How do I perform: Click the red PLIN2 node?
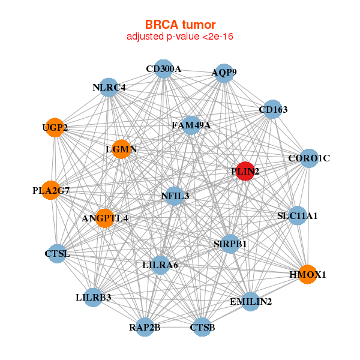(245, 171)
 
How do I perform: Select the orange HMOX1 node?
(307, 274)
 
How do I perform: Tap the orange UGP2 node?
(55, 128)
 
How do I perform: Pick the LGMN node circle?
(122, 149)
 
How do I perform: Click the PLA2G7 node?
(51, 190)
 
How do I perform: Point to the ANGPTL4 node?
(105, 218)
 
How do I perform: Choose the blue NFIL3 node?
(175, 196)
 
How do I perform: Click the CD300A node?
(163, 69)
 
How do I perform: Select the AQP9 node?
(224, 73)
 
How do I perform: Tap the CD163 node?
(273, 110)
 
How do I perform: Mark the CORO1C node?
(309, 158)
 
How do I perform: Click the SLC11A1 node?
(298, 215)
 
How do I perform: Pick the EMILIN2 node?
(251, 301)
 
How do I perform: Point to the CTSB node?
(202, 327)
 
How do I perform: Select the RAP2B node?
(145, 327)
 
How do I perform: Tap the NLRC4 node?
(109, 88)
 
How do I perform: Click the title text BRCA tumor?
(180, 25)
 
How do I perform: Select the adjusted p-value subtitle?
(180, 37)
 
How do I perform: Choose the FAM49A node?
(191, 125)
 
